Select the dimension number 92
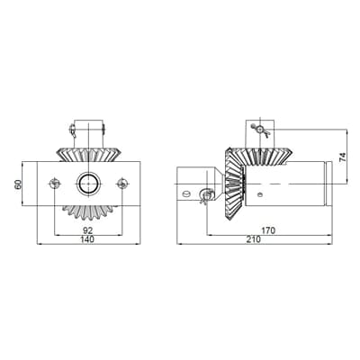click(x=87, y=229)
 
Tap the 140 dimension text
click(x=87, y=239)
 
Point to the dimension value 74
click(x=342, y=156)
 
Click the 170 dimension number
click(x=268, y=230)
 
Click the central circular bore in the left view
click(x=88, y=184)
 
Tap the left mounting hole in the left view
click(x=54, y=184)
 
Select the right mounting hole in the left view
click(x=122, y=184)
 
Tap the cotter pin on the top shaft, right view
click(x=261, y=130)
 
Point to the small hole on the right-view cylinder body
click(x=261, y=190)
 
